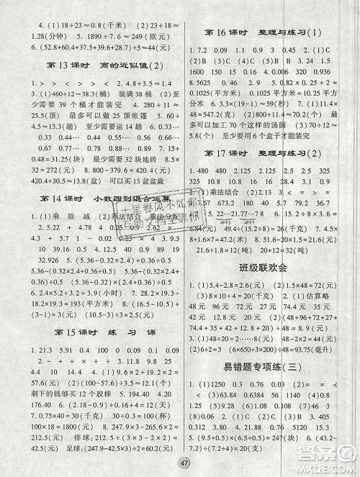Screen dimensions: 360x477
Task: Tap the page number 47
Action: (x=179, y=463)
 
